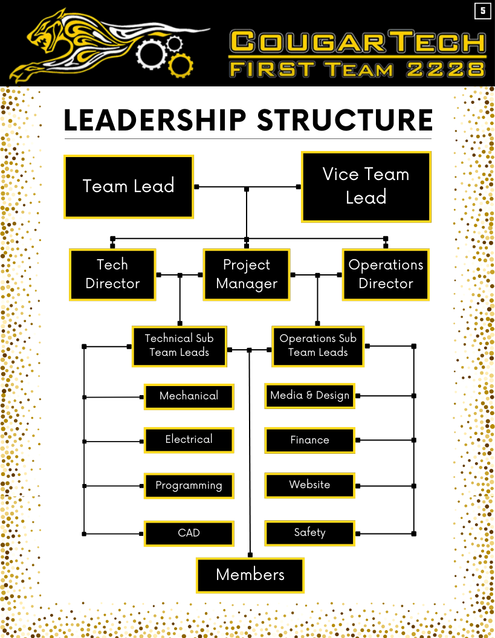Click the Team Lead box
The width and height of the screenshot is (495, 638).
[128, 186]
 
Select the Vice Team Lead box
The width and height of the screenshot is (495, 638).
[366, 186]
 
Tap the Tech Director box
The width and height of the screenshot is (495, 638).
[112, 274]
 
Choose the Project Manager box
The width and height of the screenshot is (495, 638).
[247, 274]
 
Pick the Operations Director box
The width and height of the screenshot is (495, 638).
[386, 274]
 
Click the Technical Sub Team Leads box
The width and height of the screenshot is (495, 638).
[179, 346]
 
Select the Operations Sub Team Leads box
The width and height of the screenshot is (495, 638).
[318, 346]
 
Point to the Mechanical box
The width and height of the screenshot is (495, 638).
[189, 396]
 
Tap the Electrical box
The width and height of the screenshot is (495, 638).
[189, 440]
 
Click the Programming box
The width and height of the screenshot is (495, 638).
[189, 485]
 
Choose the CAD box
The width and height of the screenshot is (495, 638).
[189, 533]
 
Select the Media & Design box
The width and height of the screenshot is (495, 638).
[309, 396]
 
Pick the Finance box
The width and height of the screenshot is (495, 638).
[309, 440]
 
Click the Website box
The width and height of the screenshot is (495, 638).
[309, 485]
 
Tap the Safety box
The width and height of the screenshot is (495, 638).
[309, 533]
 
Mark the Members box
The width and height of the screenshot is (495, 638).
[250, 575]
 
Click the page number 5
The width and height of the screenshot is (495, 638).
[483, 11]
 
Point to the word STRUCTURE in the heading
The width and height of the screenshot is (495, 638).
[345, 120]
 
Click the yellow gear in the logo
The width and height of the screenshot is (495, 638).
[180, 65]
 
